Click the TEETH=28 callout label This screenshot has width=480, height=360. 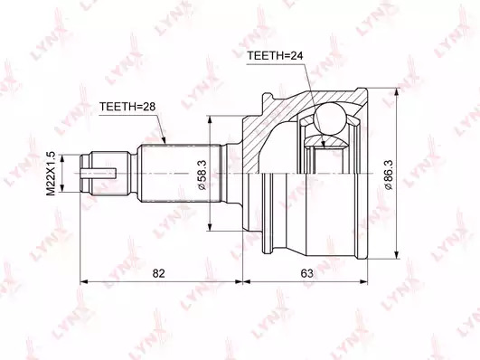127,107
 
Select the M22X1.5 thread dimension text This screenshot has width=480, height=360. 51,174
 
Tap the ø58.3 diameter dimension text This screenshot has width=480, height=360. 203,175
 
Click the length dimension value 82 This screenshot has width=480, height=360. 158,273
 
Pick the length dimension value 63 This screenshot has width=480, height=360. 306,273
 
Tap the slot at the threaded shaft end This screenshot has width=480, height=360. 99,174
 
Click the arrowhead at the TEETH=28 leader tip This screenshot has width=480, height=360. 164,140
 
